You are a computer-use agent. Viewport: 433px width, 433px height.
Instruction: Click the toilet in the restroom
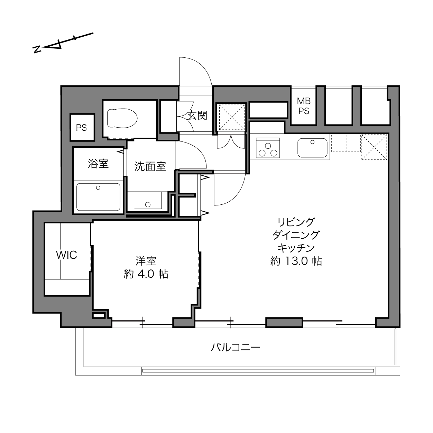point(122,118)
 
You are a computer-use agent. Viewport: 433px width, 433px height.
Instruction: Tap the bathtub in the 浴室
point(99,197)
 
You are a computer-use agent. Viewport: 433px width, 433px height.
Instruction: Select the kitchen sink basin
point(312,148)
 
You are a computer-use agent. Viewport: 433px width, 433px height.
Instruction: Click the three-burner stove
point(268,148)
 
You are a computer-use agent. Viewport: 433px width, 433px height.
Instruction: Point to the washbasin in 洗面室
point(148,200)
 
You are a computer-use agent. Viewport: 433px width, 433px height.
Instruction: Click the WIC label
point(66,255)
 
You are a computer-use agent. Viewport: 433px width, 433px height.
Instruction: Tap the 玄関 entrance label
point(197,116)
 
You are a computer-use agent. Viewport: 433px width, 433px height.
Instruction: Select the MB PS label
point(304,106)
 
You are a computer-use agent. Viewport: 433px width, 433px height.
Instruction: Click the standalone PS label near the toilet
point(81,128)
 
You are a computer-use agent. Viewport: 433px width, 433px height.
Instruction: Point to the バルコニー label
point(236,347)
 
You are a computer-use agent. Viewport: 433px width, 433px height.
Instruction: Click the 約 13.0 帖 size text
point(296,261)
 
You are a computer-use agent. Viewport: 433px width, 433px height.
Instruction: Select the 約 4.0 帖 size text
point(146,274)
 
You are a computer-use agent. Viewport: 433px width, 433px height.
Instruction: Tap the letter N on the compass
point(37,49)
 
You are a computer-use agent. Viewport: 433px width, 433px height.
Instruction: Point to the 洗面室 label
point(150,166)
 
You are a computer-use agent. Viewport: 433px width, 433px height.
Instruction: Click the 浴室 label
point(98,163)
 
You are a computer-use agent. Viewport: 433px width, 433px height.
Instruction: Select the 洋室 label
point(146,261)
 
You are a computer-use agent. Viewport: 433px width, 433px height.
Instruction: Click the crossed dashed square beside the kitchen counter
point(374,147)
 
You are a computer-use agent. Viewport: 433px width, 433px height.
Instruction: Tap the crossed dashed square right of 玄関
point(232,117)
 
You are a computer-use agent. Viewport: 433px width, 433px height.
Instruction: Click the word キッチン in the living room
point(296,248)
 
